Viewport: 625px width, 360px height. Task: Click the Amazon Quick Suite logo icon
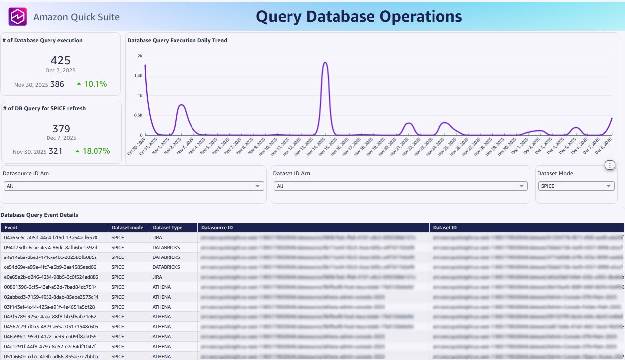[x=18, y=17]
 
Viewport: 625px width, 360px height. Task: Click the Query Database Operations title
[x=359, y=17]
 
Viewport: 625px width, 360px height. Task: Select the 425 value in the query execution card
[x=60, y=60]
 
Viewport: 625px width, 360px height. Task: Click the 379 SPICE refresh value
[x=61, y=129]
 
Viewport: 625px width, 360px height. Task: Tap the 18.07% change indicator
[x=93, y=151]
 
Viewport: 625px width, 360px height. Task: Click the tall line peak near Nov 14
[x=325, y=63]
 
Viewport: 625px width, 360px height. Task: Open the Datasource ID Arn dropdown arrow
[x=257, y=186]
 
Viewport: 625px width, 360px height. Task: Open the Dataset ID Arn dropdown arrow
[x=522, y=186]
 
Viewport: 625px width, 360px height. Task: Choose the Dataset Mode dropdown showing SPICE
[x=576, y=186]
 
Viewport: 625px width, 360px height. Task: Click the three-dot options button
[x=610, y=165]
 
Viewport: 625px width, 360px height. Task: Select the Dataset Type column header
[x=168, y=228]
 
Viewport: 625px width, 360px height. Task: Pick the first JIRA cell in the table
[x=159, y=238]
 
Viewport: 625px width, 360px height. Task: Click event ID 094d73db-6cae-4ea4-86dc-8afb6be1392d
[x=50, y=248]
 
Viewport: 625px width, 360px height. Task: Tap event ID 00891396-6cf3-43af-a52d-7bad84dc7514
[x=50, y=287]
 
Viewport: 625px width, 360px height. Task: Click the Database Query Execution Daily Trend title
[x=177, y=40]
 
